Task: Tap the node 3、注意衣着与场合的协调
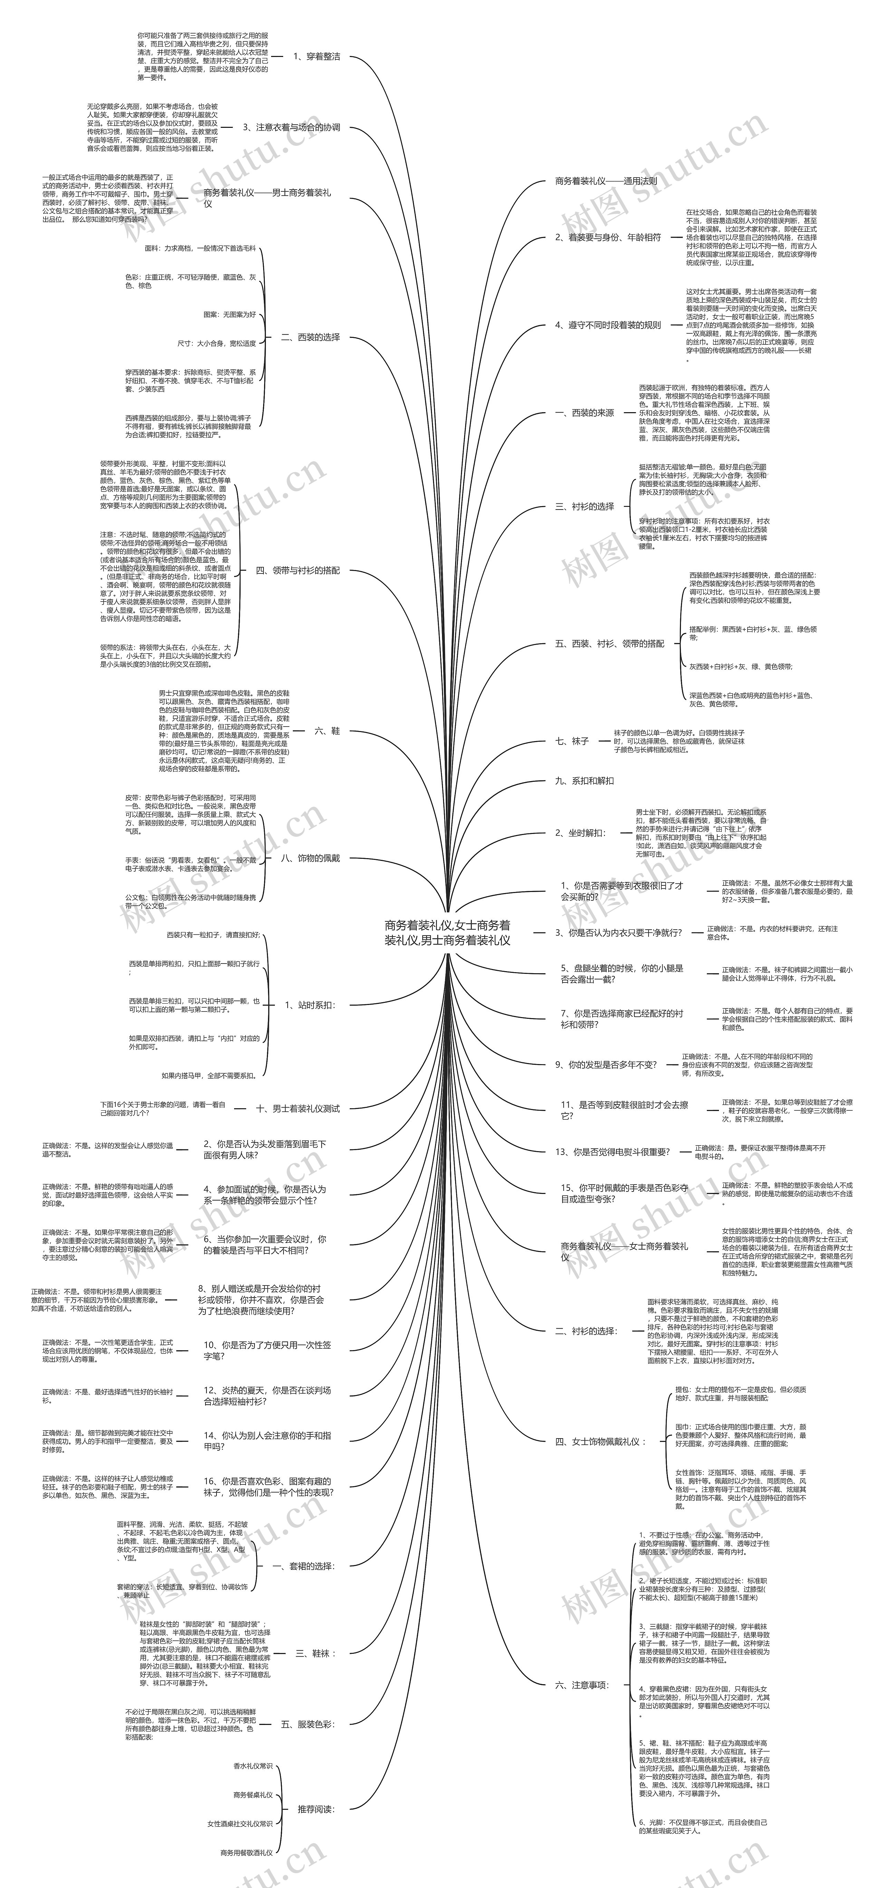(291, 127)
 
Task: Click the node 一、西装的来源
(585, 412)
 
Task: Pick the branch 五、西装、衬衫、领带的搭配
(609, 644)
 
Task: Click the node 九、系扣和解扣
(585, 780)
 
